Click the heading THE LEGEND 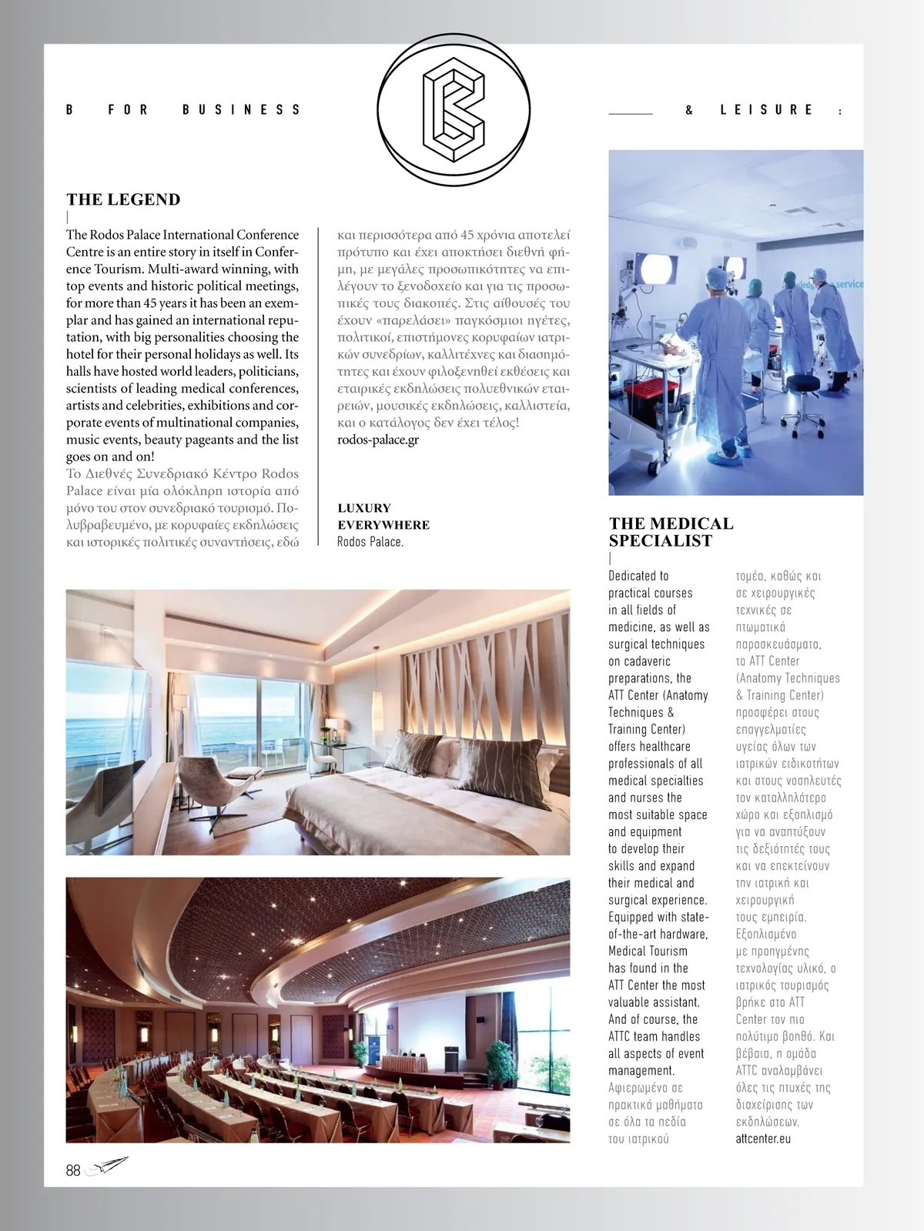pyautogui.click(x=123, y=199)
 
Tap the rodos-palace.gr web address pyautogui.click(x=378, y=440)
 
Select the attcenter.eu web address pyautogui.click(x=763, y=1139)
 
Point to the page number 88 pyautogui.click(x=73, y=1170)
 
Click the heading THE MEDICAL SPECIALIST pyautogui.click(x=671, y=532)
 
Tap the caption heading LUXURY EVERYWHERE pyautogui.click(x=383, y=516)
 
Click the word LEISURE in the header pyautogui.click(x=766, y=110)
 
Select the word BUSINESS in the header pyautogui.click(x=241, y=110)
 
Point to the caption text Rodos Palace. pyautogui.click(x=370, y=542)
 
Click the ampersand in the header pyautogui.click(x=689, y=110)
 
